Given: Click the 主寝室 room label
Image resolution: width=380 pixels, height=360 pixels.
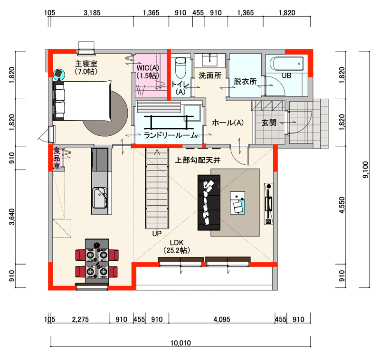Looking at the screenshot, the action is click(x=86, y=64).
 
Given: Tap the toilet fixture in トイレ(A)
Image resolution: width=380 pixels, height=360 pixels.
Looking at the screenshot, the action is click(x=180, y=66).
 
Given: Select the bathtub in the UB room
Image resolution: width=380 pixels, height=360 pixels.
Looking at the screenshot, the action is click(x=287, y=64).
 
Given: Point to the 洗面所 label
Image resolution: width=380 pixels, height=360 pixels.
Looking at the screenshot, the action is click(x=210, y=76).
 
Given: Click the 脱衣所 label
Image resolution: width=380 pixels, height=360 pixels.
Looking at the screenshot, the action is click(x=245, y=81).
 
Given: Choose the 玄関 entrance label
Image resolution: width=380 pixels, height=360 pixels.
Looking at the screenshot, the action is click(x=269, y=123).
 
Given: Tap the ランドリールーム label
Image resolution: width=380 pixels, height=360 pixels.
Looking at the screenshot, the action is click(x=171, y=135).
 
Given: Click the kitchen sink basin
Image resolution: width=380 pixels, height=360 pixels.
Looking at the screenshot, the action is click(x=100, y=198).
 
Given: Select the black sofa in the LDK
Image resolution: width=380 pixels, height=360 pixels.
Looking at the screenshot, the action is click(x=209, y=202).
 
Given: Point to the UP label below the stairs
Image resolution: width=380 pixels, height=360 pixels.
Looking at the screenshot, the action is click(x=157, y=234).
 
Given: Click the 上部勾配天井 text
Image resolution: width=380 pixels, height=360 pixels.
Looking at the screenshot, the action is click(x=198, y=160).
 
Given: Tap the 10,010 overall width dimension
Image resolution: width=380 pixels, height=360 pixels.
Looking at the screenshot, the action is click(x=180, y=343).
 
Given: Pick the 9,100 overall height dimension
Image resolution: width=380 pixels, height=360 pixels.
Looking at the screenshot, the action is click(x=365, y=170).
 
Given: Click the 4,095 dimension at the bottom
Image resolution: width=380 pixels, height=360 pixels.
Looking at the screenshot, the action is click(x=222, y=319).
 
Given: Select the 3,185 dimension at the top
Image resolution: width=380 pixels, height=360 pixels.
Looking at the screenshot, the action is click(x=92, y=13).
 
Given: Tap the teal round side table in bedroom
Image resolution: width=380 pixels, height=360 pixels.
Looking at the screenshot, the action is click(x=59, y=75).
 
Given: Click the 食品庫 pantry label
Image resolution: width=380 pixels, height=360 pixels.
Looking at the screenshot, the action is click(x=57, y=158).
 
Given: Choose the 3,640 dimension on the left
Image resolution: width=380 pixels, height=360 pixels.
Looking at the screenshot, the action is click(x=12, y=217).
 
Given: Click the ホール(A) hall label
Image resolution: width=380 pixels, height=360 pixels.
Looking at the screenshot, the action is click(x=228, y=123).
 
